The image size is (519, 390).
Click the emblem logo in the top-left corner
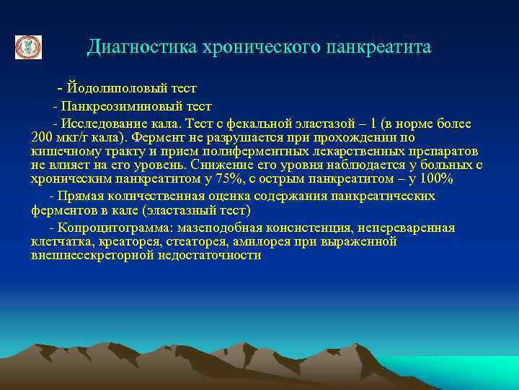click(x=29, y=48)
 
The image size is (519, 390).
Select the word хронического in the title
click(x=252, y=48)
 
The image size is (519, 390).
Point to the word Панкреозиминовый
click(x=115, y=106)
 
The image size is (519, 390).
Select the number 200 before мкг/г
click(x=43, y=137)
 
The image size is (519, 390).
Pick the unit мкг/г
click(x=75, y=137)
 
